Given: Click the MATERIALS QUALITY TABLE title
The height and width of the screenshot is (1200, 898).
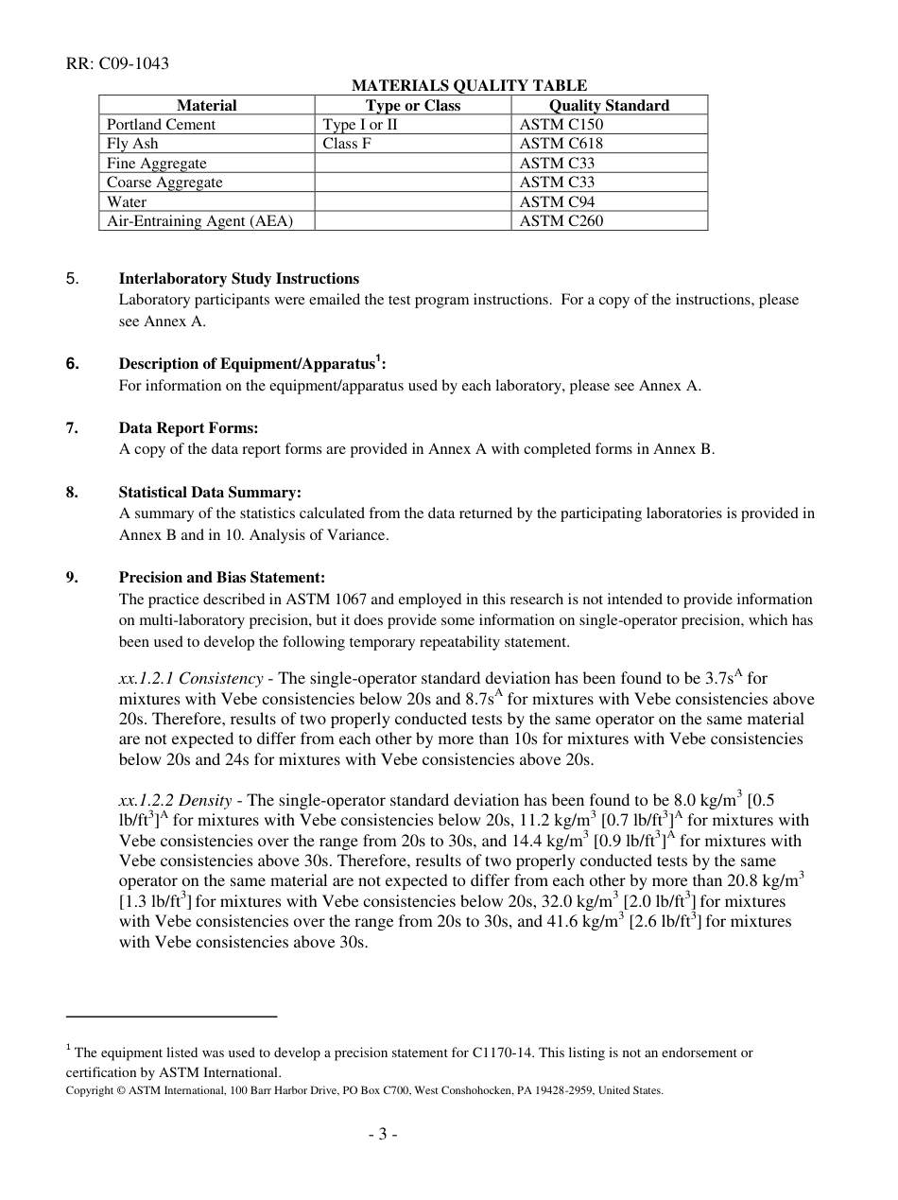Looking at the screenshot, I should tap(469, 86).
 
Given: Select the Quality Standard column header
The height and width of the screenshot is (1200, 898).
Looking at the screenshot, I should tap(609, 106).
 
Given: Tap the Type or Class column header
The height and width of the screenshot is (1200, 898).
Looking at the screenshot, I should tap(413, 106).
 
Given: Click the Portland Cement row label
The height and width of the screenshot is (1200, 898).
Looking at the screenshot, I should tap(161, 125).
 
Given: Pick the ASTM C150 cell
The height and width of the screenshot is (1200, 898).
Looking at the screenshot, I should tap(561, 125).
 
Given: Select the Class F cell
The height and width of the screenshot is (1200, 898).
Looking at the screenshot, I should tap(346, 144).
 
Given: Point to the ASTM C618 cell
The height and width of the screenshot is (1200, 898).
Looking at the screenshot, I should tap(561, 144).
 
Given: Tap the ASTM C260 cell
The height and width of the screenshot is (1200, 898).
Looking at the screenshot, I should tap(561, 221).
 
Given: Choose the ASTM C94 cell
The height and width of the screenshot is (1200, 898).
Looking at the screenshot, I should tap(557, 201).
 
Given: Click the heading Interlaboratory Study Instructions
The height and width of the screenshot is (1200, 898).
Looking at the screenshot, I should tap(238, 279).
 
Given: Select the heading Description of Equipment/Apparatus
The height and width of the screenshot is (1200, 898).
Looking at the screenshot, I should tap(250, 364).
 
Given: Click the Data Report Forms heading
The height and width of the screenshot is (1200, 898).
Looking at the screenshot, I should tap(188, 428).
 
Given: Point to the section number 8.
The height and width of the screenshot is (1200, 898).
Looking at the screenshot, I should tap(72, 493).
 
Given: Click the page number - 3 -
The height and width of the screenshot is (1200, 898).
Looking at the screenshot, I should tap(383, 1135).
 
